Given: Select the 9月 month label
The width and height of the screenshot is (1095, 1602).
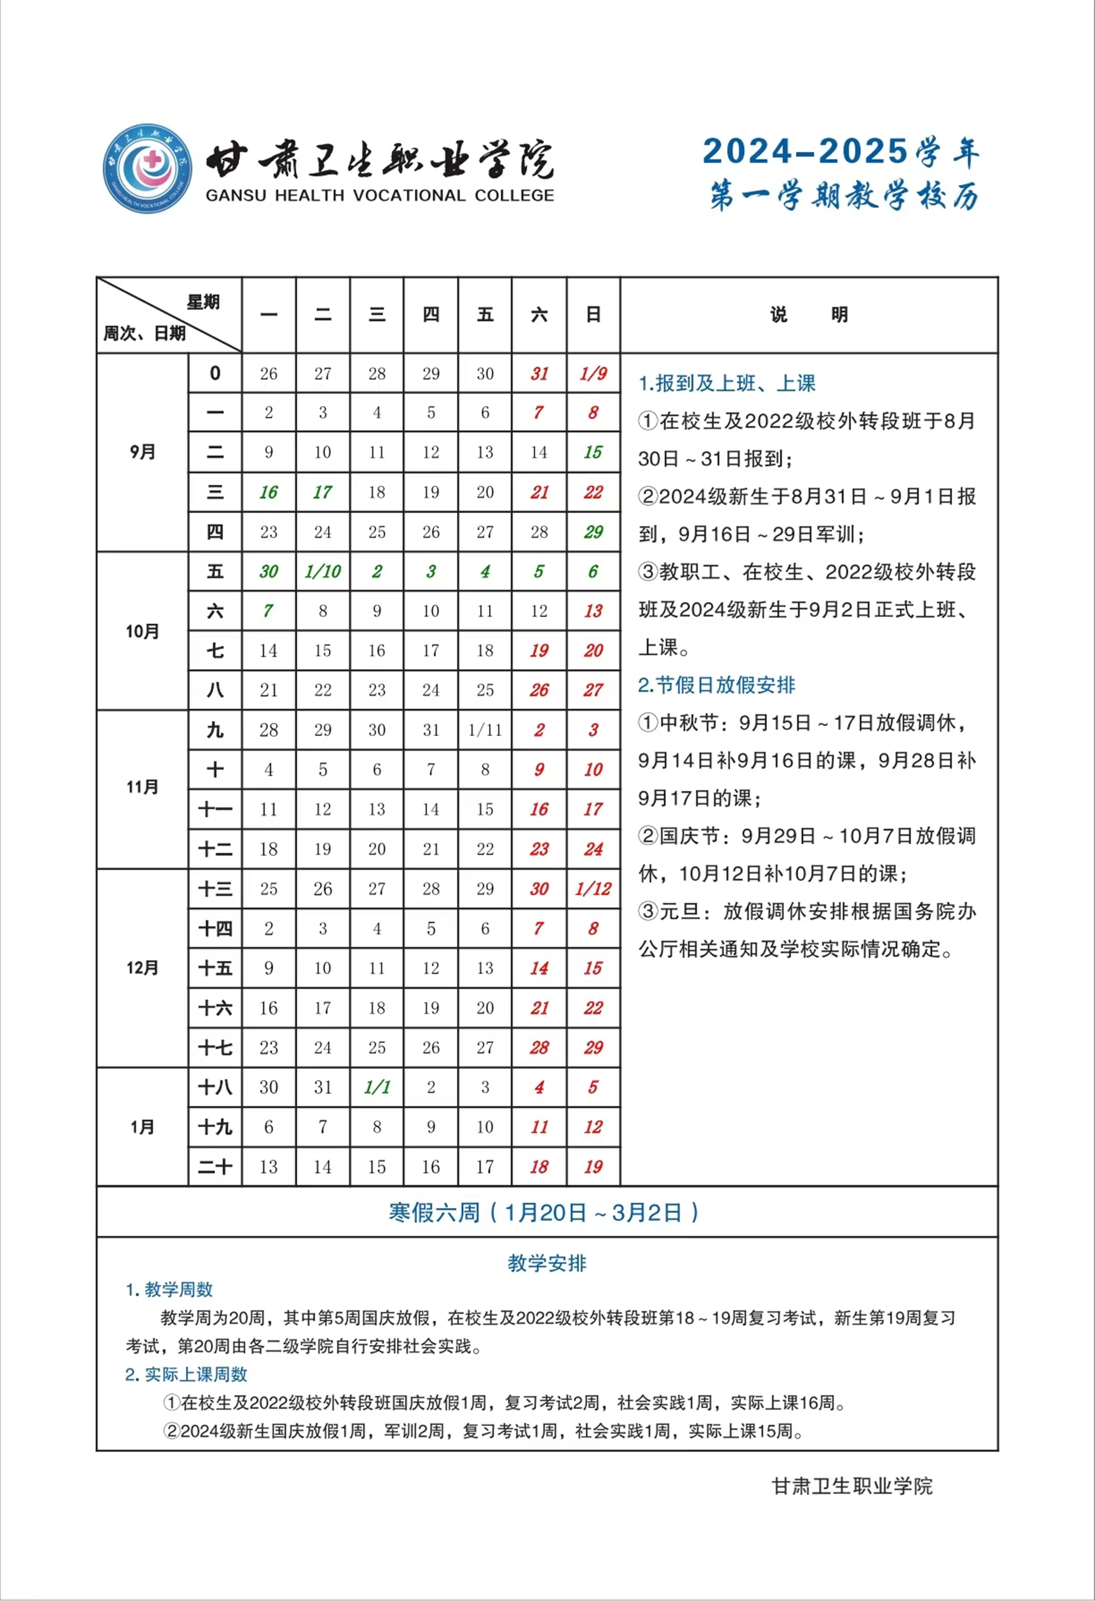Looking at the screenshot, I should click(x=143, y=452).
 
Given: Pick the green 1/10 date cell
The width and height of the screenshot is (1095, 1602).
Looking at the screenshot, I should click(x=322, y=571).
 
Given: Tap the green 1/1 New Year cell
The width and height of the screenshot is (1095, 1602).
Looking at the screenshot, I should click(x=377, y=1087).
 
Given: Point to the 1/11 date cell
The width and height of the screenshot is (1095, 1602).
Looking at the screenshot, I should click(x=485, y=730).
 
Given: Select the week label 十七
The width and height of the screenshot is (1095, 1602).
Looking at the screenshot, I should click(x=215, y=1048).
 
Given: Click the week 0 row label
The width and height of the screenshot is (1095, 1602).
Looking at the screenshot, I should click(x=215, y=374).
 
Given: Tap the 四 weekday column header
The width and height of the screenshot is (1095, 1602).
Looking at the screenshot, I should click(x=431, y=315).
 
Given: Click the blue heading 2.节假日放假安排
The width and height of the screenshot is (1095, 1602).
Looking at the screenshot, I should click(x=717, y=685).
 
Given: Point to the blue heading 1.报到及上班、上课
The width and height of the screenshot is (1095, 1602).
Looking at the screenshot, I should click(x=727, y=383).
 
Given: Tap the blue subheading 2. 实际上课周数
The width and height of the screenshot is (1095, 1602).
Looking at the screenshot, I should click(x=186, y=1374).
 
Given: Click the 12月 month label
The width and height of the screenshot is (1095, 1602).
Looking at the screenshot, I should click(x=143, y=968).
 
